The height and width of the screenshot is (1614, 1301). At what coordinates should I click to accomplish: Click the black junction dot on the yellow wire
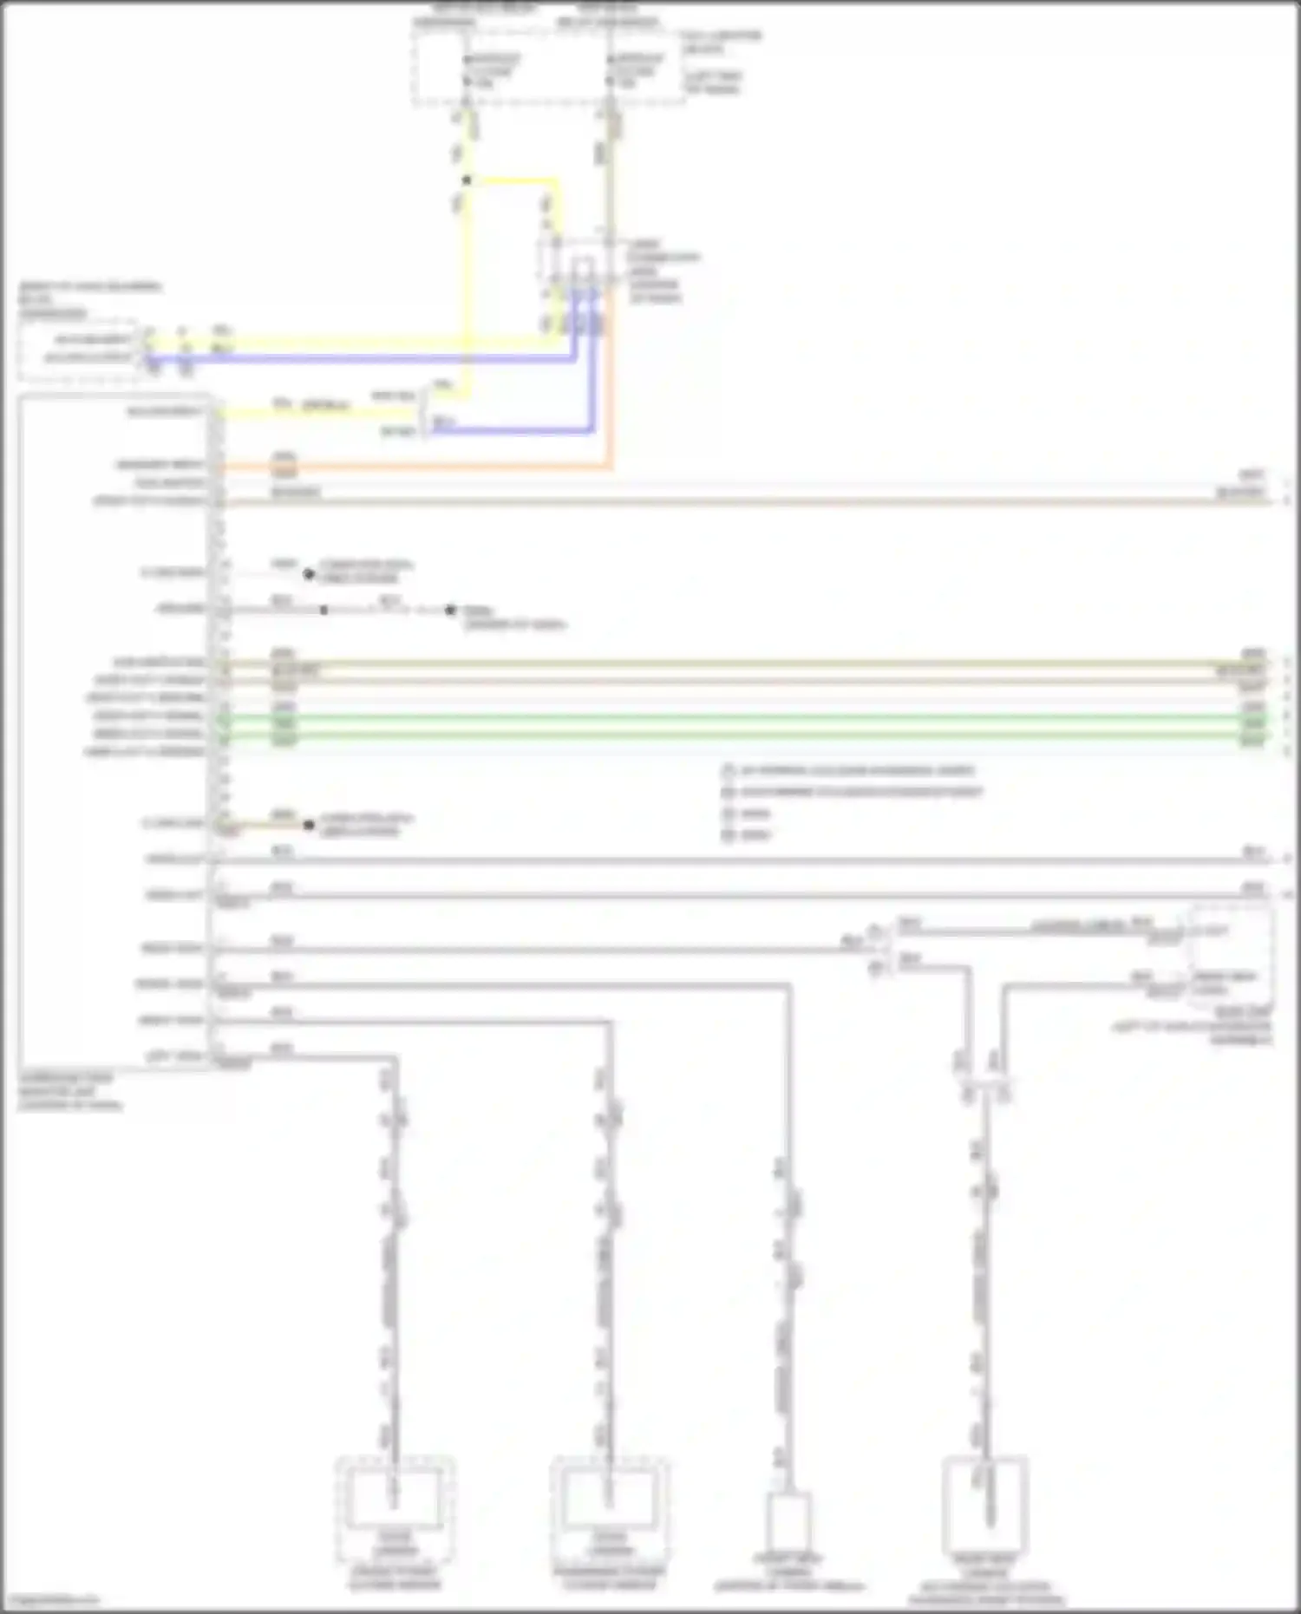coord(467,180)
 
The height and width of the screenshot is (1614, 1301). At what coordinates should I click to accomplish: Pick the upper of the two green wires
coord(737,717)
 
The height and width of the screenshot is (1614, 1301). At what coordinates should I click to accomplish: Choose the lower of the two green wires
coord(737,735)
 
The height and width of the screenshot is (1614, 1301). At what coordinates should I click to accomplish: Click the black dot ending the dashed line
coord(450,611)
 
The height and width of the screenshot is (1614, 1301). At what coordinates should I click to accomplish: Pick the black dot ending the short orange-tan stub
coord(309,825)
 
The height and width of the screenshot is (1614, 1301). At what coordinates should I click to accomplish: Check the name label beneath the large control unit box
coord(69,1091)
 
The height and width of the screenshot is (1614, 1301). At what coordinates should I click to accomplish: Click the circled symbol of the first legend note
coord(729,770)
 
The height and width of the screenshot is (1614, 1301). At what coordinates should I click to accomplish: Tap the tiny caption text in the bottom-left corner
coord(50,1600)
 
